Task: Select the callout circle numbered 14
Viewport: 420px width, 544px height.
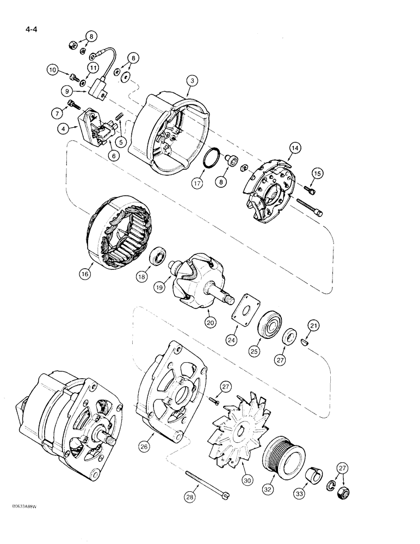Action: pyautogui.click(x=294, y=147)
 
